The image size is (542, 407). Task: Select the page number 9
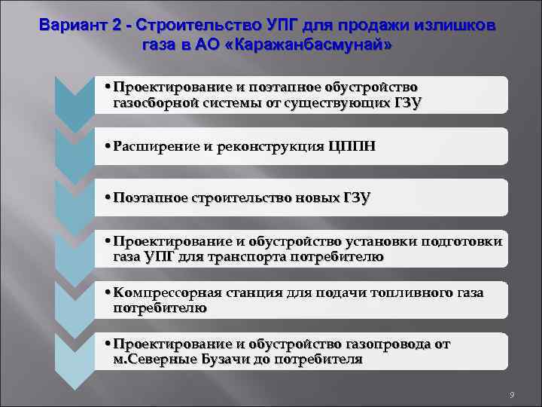[x=511, y=394]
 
